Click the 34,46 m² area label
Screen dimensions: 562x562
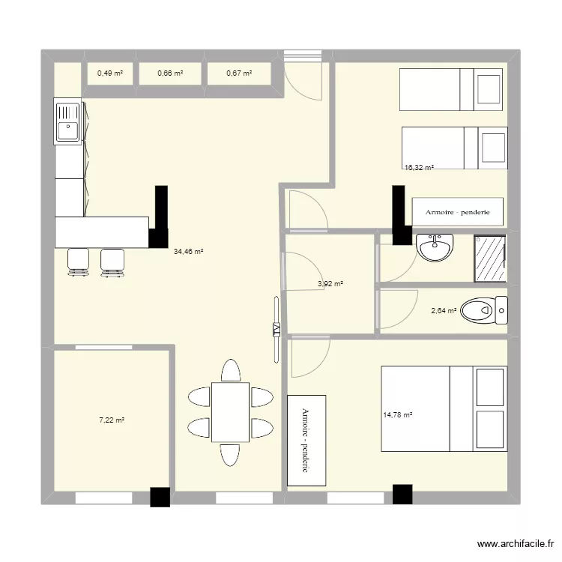(x=189, y=253)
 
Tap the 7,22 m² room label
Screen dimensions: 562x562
(x=112, y=420)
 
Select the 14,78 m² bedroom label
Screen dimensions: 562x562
(x=398, y=414)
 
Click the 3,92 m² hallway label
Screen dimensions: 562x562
(x=330, y=284)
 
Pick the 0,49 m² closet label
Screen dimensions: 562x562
(x=109, y=73)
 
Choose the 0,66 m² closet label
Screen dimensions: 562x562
(x=169, y=73)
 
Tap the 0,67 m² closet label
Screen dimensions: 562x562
(x=238, y=73)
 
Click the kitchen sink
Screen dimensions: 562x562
(x=67, y=121)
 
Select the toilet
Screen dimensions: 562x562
(x=484, y=309)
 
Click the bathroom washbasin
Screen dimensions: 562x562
(x=435, y=248)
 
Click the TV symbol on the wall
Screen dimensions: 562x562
(x=276, y=329)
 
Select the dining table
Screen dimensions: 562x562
(x=230, y=412)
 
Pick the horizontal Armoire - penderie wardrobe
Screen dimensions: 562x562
(x=457, y=212)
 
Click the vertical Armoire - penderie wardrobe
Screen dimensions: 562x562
(x=307, y=440)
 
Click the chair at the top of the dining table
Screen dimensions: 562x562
(x=230, y=371)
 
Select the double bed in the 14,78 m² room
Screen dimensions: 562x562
(x=444, y=409)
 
